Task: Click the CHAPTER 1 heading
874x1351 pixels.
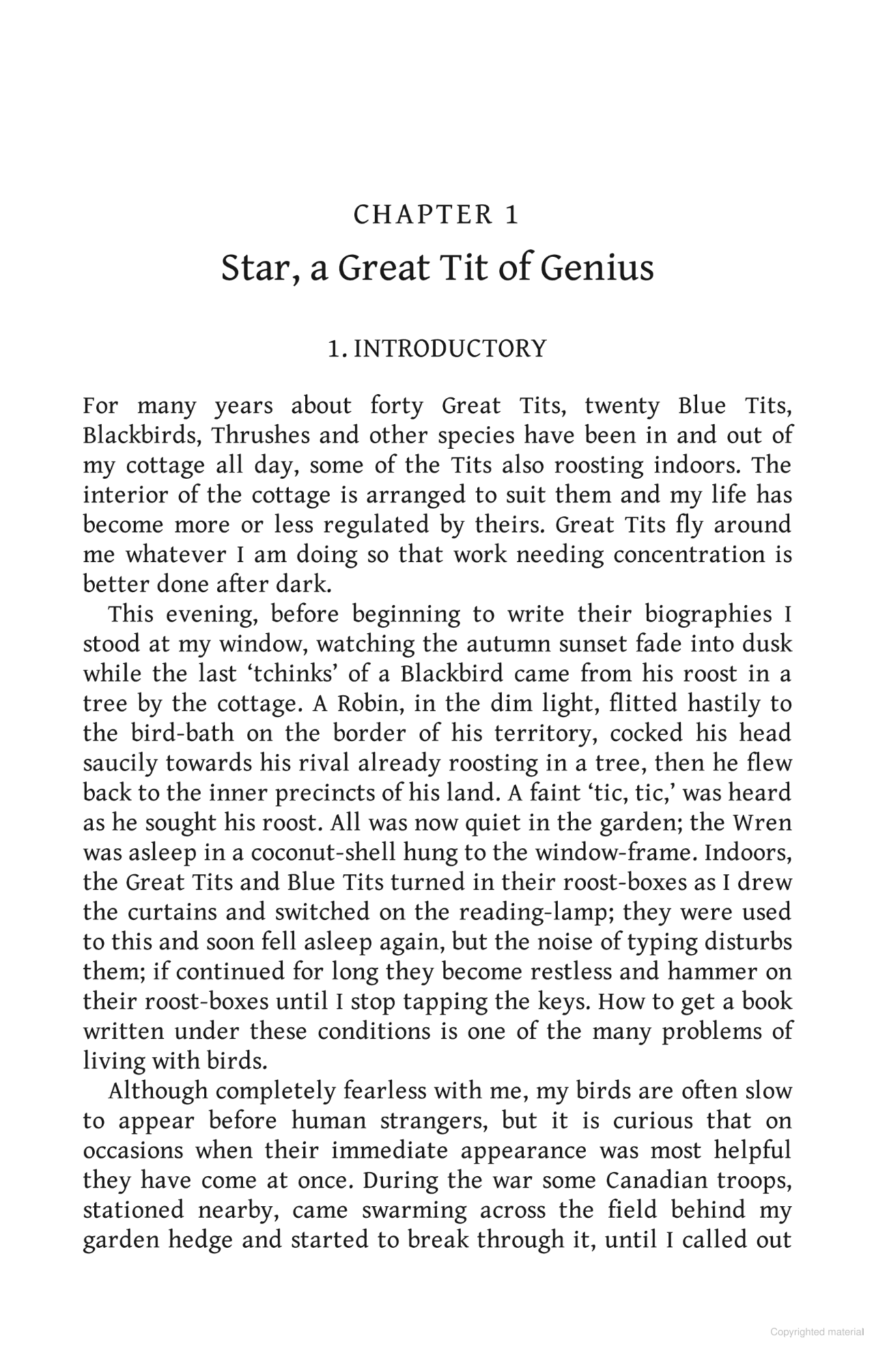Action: [436, 215]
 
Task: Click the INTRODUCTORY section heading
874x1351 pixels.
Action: [451, 349]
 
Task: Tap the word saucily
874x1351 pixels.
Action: [120, 764]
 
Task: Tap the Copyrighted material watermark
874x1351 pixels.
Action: [819, 1333]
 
